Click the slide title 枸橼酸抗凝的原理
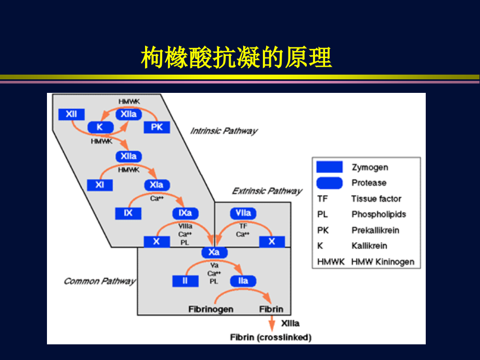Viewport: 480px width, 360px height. click(236, 57)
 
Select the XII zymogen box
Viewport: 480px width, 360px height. click(71, 114)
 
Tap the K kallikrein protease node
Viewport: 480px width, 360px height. click(100, 127)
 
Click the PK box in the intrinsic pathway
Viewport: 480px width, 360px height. click(157, 127)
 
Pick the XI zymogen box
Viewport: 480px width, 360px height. click(100, 185)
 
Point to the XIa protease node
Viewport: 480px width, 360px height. click(157, 185)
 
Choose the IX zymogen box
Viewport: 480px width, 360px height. click(128, 213)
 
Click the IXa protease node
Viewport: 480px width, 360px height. click(185, 213)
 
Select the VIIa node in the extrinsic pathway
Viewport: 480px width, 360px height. click(243, 213)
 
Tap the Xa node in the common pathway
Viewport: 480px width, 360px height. click(214, 253)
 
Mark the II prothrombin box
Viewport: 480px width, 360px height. click(185, 281)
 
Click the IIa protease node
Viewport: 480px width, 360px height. click(243, 281)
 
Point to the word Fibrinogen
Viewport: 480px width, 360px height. click(211, 309)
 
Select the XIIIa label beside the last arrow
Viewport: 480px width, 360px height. click(290, 323)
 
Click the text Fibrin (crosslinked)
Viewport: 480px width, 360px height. click(271, 338)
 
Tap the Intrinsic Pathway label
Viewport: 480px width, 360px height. click(223, 130)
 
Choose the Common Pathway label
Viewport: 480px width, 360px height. click(100, 281)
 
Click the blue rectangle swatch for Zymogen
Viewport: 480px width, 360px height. click(329, 167)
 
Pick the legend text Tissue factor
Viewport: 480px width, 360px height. click(376, 199)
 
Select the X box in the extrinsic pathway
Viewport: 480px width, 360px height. click(271, 242)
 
